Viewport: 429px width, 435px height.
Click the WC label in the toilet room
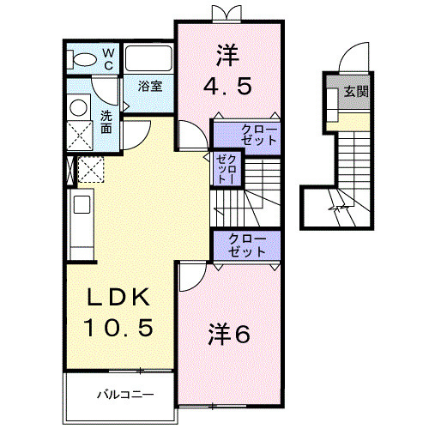pyautogui.click(x=109, y=58)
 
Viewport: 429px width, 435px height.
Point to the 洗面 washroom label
pyautogui.click(x=106, y=121)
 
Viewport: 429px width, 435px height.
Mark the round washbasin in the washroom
pyautogui.click(x=79, y=106)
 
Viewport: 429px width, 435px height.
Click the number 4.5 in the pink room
pyautogui.click(x=228, y=87)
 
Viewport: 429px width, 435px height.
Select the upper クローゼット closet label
pyautogui.click(x=247, y=135)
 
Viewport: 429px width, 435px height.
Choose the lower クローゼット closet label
pyautogui.click(x=247, y=245)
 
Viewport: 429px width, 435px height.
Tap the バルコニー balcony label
pyautogui.click(x=124, y=396)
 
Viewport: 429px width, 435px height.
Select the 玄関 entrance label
pyautogui.click(x=356, y=91)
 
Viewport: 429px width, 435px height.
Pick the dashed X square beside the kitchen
pyautogui.click(x=90, y=170)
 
